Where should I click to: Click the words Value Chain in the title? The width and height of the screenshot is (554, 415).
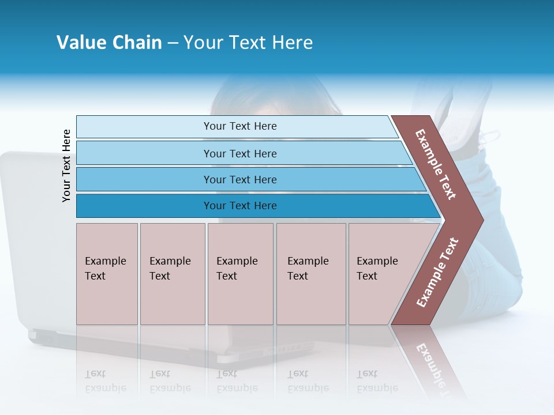109,43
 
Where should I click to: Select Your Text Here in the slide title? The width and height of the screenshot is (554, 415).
248,43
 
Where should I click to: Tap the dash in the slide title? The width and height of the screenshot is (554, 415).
173,43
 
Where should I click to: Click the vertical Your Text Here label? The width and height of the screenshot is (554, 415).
66,165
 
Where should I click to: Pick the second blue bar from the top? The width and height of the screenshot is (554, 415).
239,153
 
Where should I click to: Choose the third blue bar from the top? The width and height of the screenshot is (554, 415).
239,179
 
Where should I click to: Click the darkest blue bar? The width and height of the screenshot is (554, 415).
239,206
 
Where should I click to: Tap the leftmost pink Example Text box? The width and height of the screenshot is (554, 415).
107,274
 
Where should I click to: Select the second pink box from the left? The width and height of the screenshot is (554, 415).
172,274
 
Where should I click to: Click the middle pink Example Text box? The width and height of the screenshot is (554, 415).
240,274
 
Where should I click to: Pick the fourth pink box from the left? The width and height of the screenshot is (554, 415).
310,274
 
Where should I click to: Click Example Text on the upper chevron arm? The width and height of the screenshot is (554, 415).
436,164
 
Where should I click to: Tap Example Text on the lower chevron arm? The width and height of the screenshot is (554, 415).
437,272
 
